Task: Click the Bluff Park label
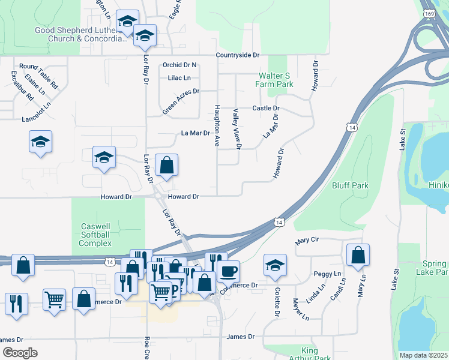pos(350,186)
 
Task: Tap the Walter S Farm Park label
pos(276,80)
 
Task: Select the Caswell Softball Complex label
pos(96,235)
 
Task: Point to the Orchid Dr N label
pos(179,65)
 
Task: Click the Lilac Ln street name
pos(179,77)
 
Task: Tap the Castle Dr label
pos(266,108)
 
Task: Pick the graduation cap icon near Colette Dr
pos(275,265)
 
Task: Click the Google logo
pos(19,353)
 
